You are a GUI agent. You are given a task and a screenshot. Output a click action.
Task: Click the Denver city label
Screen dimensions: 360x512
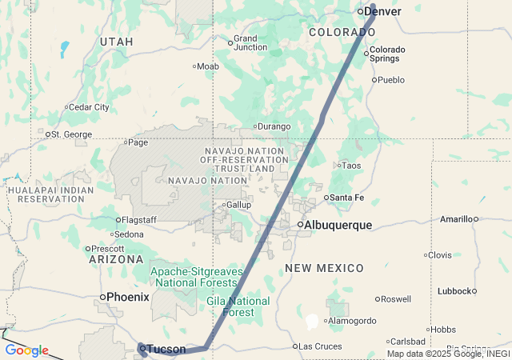click(x=384, y=11)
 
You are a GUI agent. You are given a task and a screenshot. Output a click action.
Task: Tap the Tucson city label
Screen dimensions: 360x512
click(x=166, y=350)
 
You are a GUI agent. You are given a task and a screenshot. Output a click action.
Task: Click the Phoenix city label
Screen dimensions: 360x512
click(x=128, y=297)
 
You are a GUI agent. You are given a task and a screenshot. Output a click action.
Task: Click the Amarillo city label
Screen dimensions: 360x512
click(x=455, y=218)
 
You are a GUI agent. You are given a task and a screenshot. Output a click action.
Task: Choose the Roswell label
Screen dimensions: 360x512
click(x=396, y=299)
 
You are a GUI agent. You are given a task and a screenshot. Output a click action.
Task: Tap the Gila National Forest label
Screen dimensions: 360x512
click(x=238, y=306)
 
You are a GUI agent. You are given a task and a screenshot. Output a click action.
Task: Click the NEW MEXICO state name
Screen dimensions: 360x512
click(x=324, y=268)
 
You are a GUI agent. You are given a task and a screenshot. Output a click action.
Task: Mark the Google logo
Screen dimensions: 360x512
click(x=26, y=350)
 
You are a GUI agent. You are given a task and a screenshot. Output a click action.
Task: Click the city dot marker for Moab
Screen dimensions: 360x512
click(x=194, y=66)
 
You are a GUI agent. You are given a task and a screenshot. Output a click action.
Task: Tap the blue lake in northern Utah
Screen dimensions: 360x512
click(x=63, y=50)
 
